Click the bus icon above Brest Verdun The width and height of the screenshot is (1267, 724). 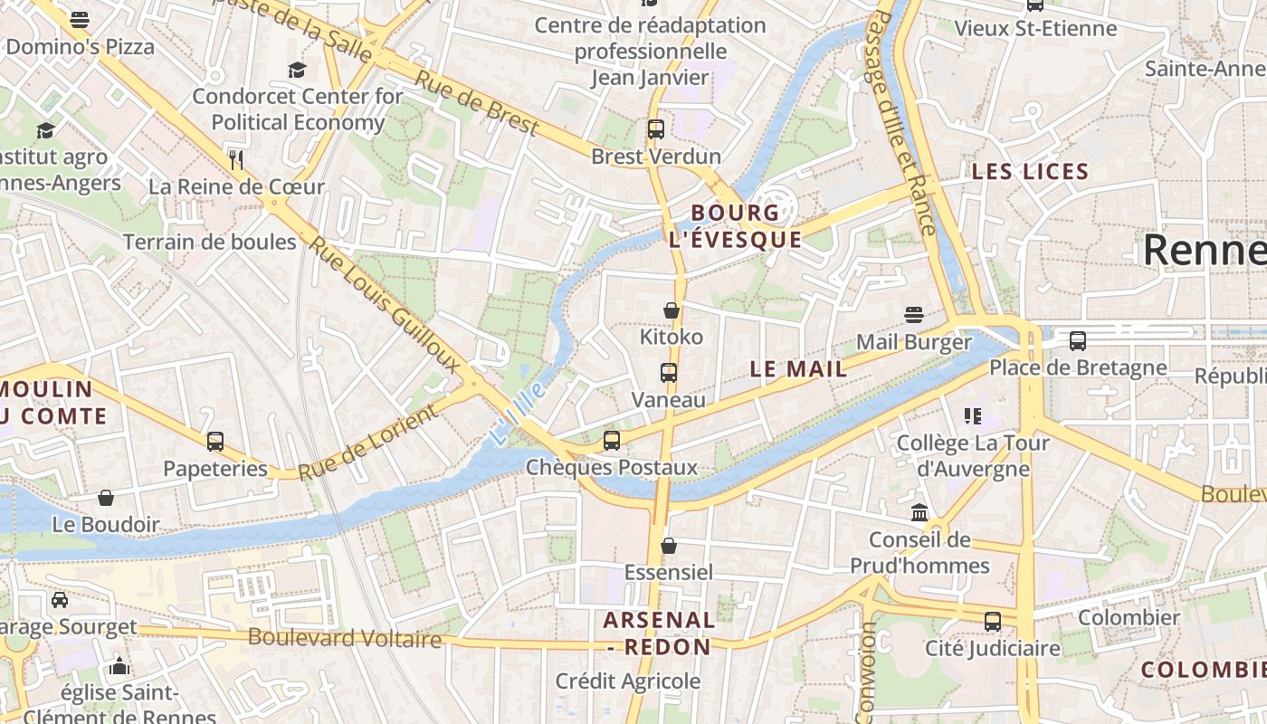tap(656, 129)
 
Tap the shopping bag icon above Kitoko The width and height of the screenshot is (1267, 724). tap(672, 310)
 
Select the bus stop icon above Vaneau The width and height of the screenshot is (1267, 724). tap(669, 372)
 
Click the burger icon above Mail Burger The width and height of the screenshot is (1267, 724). tap(914, 315)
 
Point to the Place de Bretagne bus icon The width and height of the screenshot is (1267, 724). tap(1077, 341)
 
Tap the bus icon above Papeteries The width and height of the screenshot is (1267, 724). tap(215, 442)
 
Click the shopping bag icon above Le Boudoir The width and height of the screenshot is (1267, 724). tap(106, 498)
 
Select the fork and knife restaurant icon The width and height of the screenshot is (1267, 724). tap(236, 160)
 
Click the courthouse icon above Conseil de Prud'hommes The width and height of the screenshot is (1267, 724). tap(919, 513)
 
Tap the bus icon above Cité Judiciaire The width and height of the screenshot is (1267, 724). tap(993, 622)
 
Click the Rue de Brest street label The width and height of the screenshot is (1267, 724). tap(476, 105)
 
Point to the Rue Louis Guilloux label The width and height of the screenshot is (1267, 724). tap(385, 304)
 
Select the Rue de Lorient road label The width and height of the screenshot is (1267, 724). tap(367, 443)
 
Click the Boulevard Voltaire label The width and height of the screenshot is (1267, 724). tap(345, 638)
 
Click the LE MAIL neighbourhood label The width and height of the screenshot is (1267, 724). tap(799, 369)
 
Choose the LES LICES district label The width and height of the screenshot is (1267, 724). tap(1030, 172)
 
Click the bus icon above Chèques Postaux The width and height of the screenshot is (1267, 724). tap(612, 441)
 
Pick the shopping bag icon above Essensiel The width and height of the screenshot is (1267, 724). tap(669, 546)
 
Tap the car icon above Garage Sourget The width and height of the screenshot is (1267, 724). tap(60, 600)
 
